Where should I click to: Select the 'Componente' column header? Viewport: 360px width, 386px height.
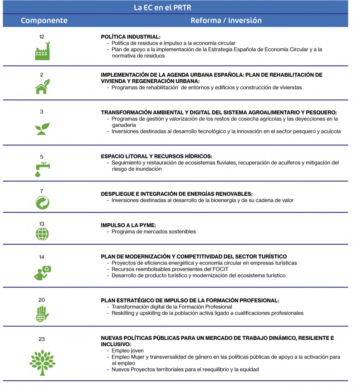[x=44, y=20]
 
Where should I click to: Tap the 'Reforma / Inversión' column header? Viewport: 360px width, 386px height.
[x=226, y=20]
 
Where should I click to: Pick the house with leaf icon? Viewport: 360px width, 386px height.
[x=42, y=87]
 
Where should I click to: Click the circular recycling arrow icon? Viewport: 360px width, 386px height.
[x=42, y=203]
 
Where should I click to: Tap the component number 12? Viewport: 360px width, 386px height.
[x=42, y=37]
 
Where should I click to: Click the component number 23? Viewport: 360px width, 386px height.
[x=42, y=339]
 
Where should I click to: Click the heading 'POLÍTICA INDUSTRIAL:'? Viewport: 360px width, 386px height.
[x=131, y=37]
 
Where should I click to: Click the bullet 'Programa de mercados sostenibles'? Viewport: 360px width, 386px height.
[x=154, y=232]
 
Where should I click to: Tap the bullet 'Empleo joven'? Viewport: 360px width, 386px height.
[x=128, y=351]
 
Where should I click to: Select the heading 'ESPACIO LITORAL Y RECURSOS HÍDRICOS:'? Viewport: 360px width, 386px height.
[x=157, y=156]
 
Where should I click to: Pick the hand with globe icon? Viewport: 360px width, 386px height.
[x=42, y=314]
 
